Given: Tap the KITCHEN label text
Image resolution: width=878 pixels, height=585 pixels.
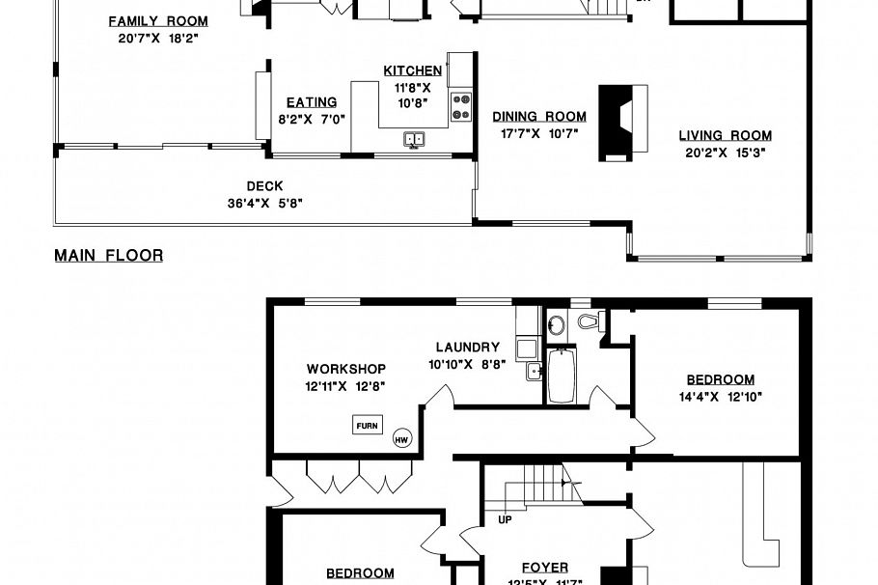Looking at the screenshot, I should pos(412,70).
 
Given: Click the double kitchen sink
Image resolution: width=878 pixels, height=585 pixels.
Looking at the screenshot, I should pos(414,140).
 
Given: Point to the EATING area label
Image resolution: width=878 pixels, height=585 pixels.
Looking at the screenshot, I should pos(311,102).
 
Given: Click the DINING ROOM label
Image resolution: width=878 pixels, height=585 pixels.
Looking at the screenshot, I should pos(539,117).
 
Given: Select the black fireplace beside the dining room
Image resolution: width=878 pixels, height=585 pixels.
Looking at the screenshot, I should pos(622,121).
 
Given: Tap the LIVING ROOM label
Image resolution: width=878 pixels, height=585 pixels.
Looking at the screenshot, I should pos(725,135).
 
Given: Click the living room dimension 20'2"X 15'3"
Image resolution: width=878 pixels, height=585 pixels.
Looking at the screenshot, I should pos(725,152).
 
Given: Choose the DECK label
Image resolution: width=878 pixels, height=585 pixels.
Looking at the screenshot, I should pos(264,186).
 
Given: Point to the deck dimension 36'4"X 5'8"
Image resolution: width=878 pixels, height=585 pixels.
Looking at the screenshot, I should pos(264,203).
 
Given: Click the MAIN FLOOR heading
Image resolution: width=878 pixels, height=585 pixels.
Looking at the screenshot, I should pos(108,256).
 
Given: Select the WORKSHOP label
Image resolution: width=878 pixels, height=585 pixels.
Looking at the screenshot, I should pos(346,369).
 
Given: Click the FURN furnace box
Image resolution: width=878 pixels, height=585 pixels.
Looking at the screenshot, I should pos(368,425).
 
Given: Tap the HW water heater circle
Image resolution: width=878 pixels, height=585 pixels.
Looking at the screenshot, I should pos(402,439).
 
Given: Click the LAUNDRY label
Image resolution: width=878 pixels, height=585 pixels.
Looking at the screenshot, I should pos(467,348).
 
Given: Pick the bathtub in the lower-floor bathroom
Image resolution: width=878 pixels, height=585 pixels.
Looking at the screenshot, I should pos(561,376).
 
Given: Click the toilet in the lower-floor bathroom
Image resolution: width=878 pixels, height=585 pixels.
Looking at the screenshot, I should pos(588,321).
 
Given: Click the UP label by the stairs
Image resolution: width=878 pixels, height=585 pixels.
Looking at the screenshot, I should pos(505,519).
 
